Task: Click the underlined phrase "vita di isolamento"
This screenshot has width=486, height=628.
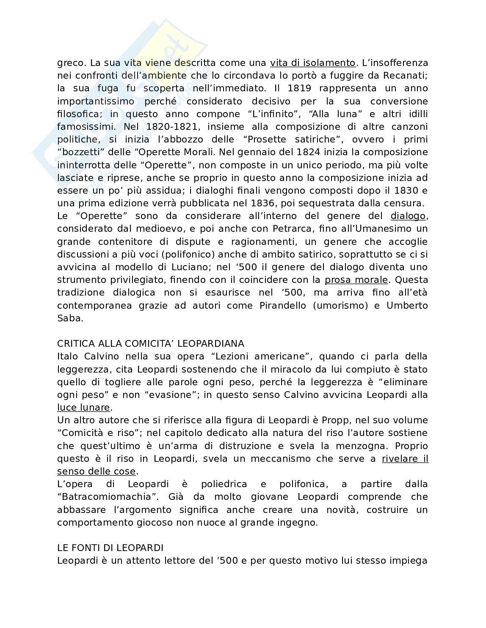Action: (313, 63)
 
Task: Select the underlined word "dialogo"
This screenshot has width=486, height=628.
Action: (408, 216)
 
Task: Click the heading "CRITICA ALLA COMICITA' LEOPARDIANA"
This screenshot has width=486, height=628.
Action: (151, 343)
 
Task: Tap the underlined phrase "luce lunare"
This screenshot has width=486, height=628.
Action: (83, 408)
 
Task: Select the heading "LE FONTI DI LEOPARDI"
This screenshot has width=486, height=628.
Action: (110, 548)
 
